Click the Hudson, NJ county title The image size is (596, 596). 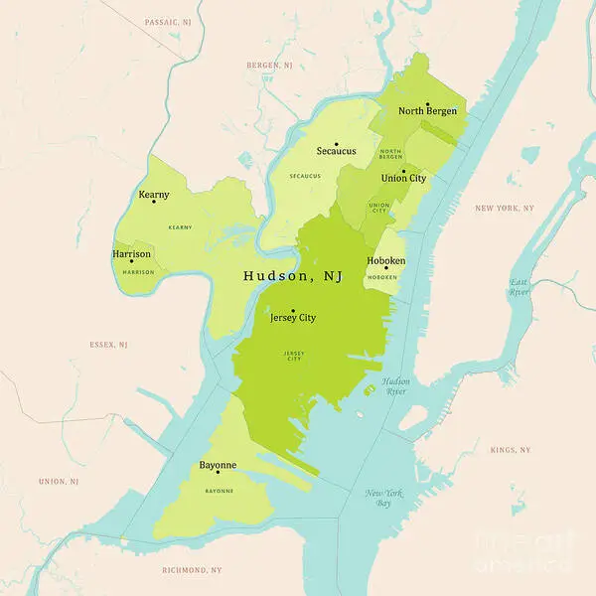293,276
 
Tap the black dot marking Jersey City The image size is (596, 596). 293,310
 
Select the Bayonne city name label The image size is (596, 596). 218,465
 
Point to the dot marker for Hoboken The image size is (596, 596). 386,268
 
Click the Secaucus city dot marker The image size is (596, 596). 337,143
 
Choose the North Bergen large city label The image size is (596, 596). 428,111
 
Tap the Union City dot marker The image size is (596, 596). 403,170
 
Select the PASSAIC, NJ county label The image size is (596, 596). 166,21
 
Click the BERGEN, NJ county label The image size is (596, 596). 270,65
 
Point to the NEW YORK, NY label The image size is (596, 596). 505,208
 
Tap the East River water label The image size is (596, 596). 520,287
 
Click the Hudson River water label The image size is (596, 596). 395,386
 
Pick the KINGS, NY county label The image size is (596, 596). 511,450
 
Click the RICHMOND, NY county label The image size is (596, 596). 192,570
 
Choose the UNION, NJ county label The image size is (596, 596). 59,481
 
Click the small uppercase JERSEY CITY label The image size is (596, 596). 293,355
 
